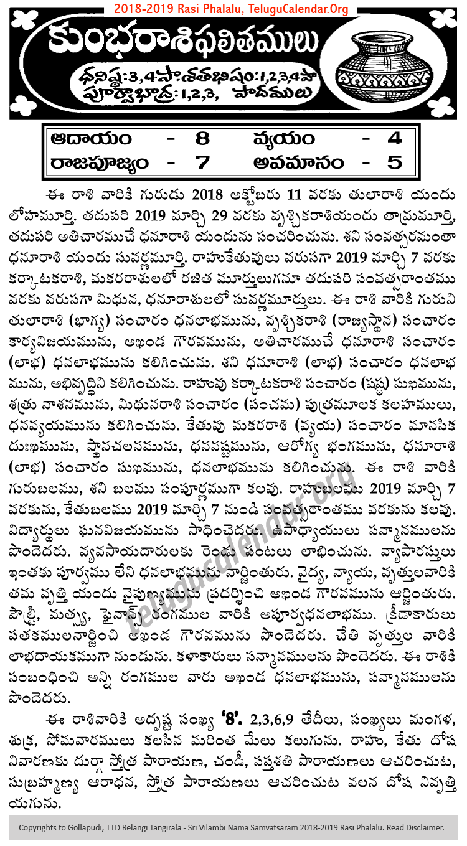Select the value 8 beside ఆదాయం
coord(205,138)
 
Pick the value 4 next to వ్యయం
coord(395,138)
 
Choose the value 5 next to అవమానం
coord(395,163)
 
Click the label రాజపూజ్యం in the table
coord(100,163)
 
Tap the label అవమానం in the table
coord(298,163)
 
